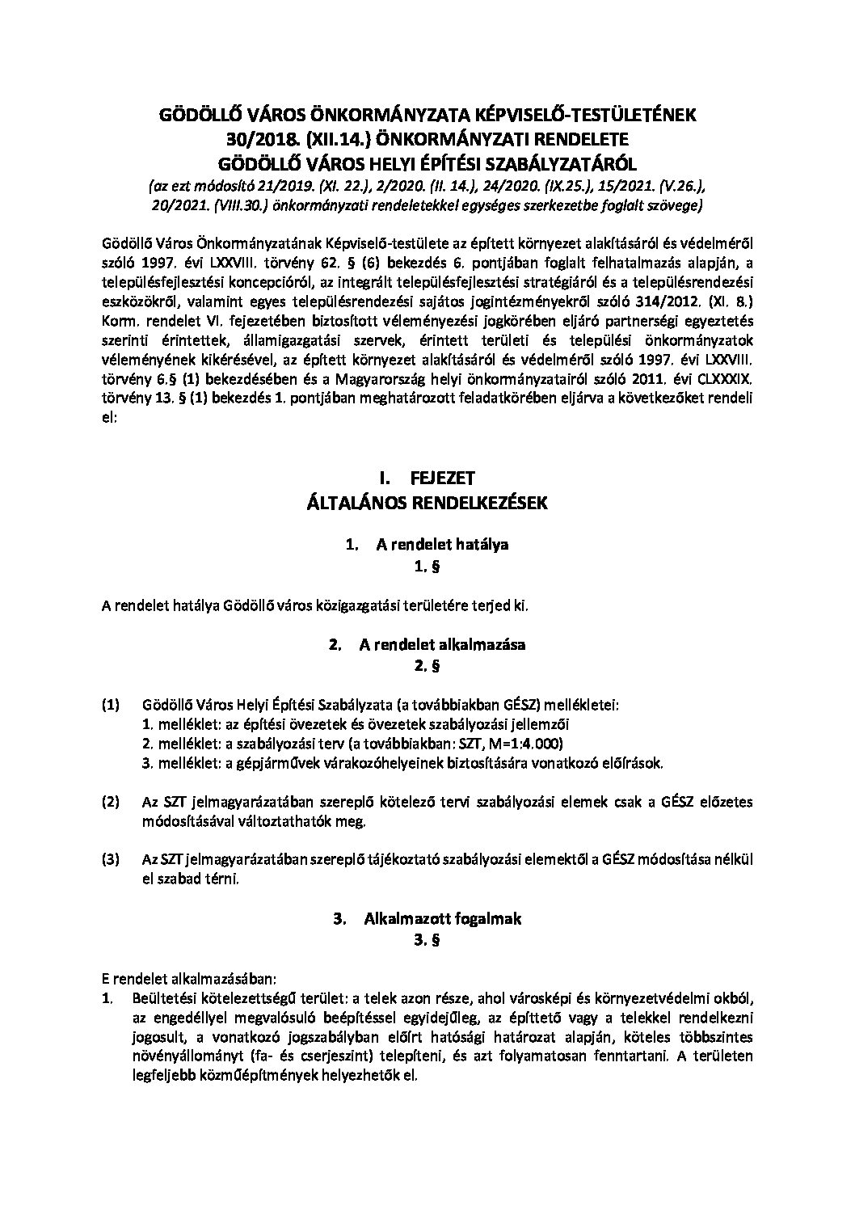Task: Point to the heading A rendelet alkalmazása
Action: (x=443, y=645)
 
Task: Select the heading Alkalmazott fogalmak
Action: (x=443, y=919)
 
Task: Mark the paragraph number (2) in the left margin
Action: (x=111, y=802)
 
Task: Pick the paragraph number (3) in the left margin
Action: (x=111, y=859)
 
